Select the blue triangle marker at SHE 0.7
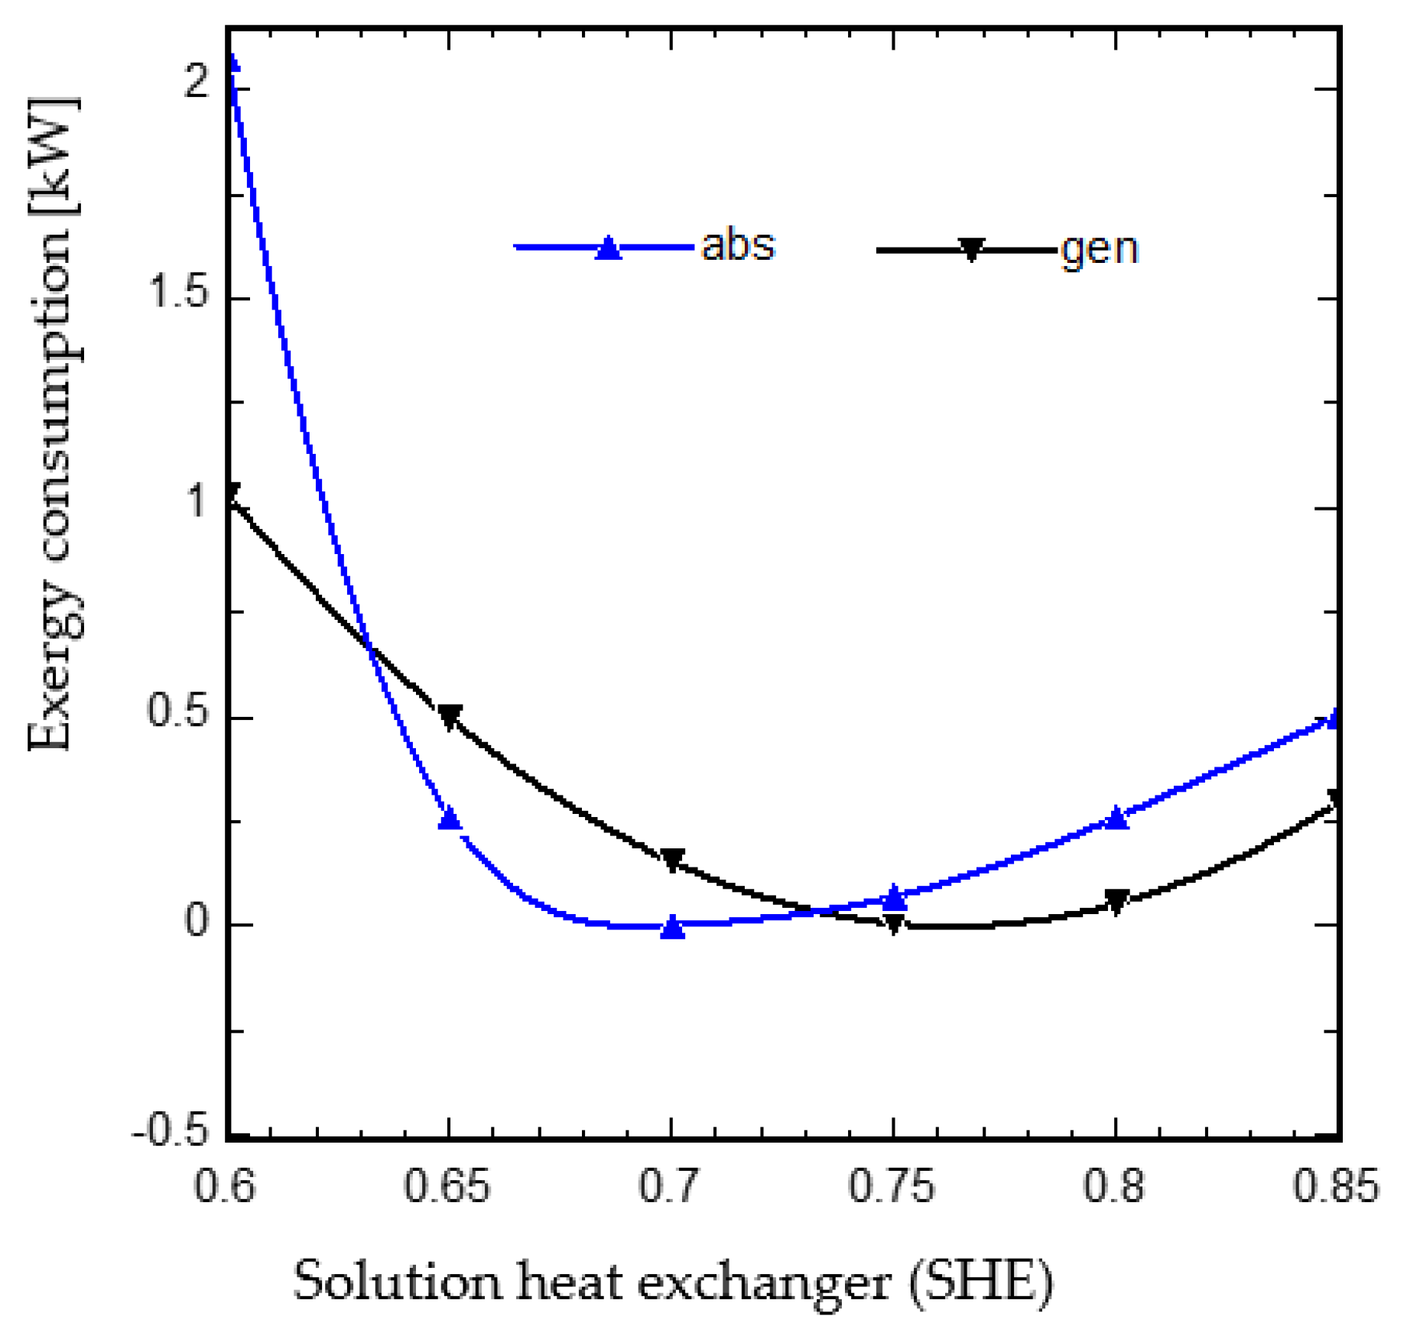[672, 927]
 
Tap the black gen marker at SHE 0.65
[450, 717]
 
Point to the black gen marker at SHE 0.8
[1117, 901]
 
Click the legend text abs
[738, 245]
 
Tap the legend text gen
[1100, 249]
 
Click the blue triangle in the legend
[608, 248]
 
